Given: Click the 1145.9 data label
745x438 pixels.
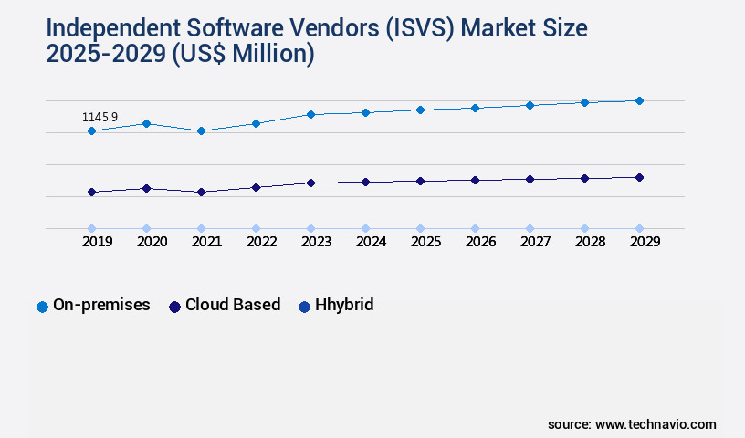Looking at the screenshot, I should tap(100, 118).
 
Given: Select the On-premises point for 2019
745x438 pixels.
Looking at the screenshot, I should tap(91, 131).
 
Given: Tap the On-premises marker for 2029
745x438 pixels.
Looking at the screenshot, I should tap(639, 100).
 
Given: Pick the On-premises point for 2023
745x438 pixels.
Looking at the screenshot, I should tap(310, 114).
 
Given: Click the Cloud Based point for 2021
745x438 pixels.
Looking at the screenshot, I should tap(201, 193).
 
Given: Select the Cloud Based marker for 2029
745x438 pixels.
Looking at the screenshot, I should tap(639, 177).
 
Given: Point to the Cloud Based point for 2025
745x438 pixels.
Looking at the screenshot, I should tap(420, 181).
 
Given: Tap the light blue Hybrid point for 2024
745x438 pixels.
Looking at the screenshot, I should tap(365, 228).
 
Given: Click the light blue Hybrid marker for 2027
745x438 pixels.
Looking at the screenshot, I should tap(530, 228).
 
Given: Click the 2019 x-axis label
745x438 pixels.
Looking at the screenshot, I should tap(97, 242).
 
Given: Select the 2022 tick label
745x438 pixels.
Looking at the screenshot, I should tap(261, 242).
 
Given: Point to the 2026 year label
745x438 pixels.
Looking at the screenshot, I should tap(480, 242).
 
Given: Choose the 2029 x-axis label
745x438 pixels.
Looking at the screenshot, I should tap(645, 242).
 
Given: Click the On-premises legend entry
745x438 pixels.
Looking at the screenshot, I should tap(93, 306).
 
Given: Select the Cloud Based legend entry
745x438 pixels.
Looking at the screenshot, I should tap(225, 306).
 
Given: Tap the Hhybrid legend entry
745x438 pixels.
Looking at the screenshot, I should tap(336, 306).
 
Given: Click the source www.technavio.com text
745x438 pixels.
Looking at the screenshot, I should tap(632, 424).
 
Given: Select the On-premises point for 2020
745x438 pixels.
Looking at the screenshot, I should tap(146, 123).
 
